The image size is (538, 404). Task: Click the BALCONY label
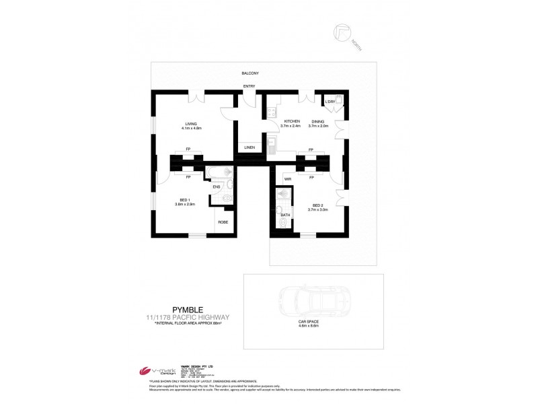point(251,73)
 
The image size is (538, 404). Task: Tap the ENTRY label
point(249,86)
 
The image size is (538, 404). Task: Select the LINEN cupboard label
point(249,147)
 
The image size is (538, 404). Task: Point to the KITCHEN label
point(291,121)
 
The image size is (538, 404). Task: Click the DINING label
point(317,121)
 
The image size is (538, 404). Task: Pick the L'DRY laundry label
point(330,102)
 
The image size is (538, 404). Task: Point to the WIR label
point(287,179)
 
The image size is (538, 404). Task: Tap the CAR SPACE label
point(308,322)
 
